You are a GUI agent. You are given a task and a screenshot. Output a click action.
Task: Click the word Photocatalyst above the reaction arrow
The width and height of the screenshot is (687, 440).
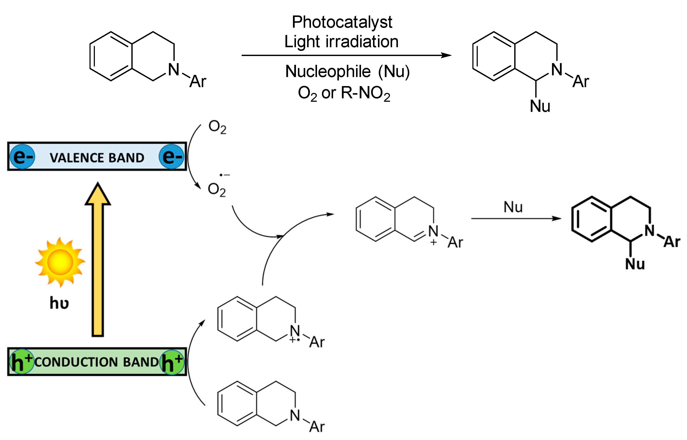342,22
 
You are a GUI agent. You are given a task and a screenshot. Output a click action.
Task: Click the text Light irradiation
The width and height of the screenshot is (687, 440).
341,42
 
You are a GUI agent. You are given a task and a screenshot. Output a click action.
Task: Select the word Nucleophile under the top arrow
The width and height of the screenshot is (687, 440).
328,71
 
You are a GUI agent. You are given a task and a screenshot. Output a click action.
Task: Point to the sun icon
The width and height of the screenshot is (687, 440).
60,262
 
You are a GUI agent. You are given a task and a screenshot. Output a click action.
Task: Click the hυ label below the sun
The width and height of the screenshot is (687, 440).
59,303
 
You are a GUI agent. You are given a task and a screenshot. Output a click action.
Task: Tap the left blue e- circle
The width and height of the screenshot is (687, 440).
23,156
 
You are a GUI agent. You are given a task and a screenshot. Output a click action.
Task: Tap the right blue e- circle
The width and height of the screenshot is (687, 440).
172,156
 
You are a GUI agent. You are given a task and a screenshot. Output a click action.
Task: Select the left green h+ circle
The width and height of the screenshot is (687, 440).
22,361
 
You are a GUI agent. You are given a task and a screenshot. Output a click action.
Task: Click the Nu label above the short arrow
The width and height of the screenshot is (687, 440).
513,207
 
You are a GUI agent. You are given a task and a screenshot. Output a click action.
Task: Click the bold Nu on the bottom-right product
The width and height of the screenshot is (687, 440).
635,264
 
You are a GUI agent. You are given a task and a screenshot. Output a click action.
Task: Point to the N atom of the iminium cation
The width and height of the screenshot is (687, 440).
433,231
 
